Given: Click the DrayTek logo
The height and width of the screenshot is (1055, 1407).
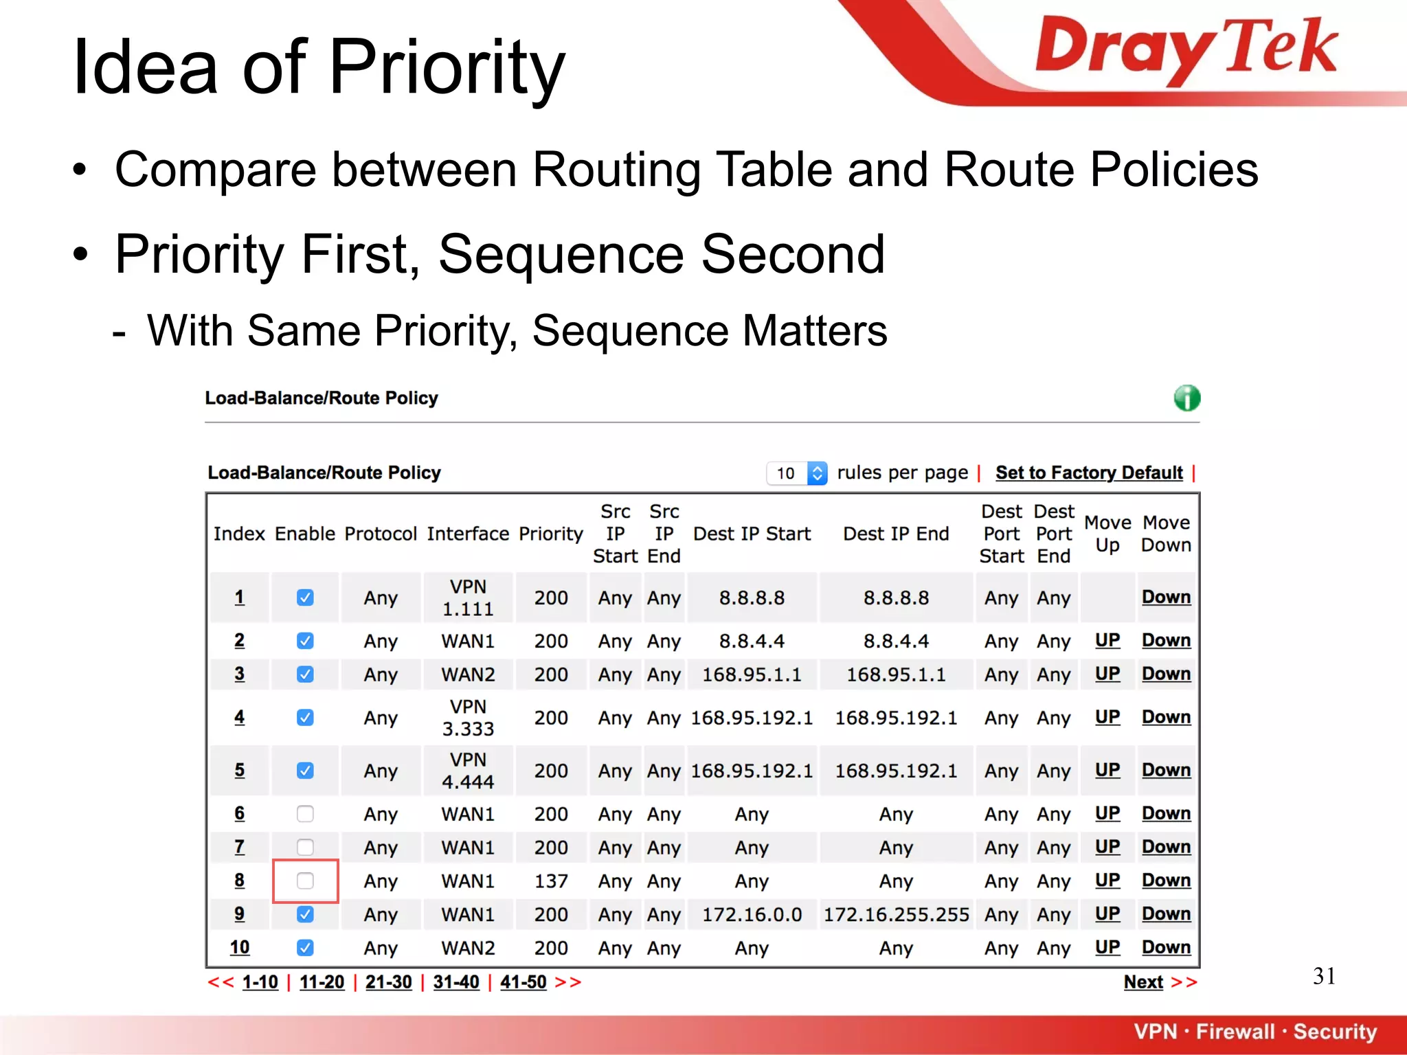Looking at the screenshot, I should tap(1185, 48).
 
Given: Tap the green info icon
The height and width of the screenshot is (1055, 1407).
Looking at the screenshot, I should tap(1186, 398).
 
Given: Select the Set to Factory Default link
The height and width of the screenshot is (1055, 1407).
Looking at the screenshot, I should tap(1088, 473).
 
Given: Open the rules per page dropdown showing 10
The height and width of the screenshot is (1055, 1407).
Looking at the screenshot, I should tap(797, 473).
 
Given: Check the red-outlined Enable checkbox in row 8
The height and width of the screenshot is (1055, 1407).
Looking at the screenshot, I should tap(305, 881).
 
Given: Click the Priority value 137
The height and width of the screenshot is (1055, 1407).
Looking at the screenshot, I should tap(551, 881).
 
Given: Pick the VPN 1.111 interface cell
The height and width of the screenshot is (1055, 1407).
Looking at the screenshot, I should tap(468, 598).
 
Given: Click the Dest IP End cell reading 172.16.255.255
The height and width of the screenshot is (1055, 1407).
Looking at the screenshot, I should tap(896, 915).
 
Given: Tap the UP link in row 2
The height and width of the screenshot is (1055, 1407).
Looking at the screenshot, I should tap(1107, 640).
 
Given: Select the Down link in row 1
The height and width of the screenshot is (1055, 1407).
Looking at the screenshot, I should tap(1166, 597).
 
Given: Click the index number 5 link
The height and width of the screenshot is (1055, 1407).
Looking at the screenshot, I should tap(239, 771).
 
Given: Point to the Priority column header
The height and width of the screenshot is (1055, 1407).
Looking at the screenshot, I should tap(550, 534).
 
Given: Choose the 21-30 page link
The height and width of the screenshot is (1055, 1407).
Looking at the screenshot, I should tap(388, 982).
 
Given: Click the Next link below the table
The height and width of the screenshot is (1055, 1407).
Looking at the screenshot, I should tap(1143, 982).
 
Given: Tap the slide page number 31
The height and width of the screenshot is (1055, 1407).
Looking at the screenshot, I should tap(1324, 976).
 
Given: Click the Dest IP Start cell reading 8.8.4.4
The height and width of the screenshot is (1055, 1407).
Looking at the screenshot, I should tap(752, 641).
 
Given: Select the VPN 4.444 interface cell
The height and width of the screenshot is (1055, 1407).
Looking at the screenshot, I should tap(468, 771).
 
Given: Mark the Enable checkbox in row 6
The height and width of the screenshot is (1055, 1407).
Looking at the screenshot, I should tap(305, 814).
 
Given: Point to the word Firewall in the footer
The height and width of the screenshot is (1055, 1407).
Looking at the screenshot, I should tap(1235, 1032).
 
